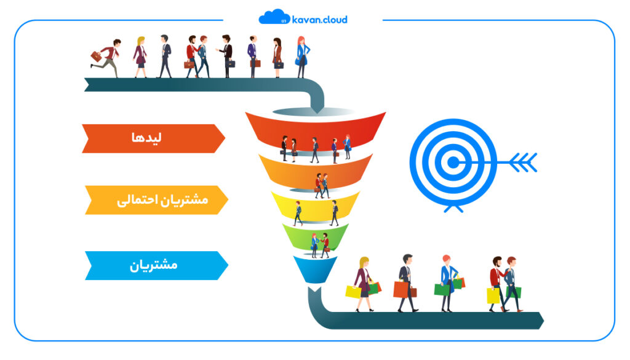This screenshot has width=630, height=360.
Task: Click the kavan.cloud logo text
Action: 319,19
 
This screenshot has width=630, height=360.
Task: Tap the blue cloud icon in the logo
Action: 274,17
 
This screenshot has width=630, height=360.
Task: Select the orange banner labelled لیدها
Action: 153,138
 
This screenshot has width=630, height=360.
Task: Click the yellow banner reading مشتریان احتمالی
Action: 156,199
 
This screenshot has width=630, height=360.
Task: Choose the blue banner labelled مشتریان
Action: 156,265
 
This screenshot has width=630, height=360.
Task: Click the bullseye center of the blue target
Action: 453,162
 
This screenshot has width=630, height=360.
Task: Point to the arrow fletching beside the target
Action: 523,162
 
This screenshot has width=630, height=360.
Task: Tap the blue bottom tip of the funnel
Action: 315,269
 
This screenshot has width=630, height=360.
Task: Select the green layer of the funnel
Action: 315,237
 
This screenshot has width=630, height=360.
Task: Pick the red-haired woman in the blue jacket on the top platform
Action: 301,57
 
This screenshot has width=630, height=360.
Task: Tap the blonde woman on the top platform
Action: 140,57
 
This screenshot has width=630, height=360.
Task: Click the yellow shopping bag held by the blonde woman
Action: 353,292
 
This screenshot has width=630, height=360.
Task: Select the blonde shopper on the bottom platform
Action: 364,284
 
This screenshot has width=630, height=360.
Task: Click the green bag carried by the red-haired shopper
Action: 442,289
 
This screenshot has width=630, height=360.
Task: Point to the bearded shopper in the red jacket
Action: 496,284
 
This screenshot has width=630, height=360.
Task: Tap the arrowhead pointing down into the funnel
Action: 317,107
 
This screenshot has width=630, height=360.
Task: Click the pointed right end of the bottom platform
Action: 544,321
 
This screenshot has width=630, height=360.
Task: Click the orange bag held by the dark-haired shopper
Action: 401,289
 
